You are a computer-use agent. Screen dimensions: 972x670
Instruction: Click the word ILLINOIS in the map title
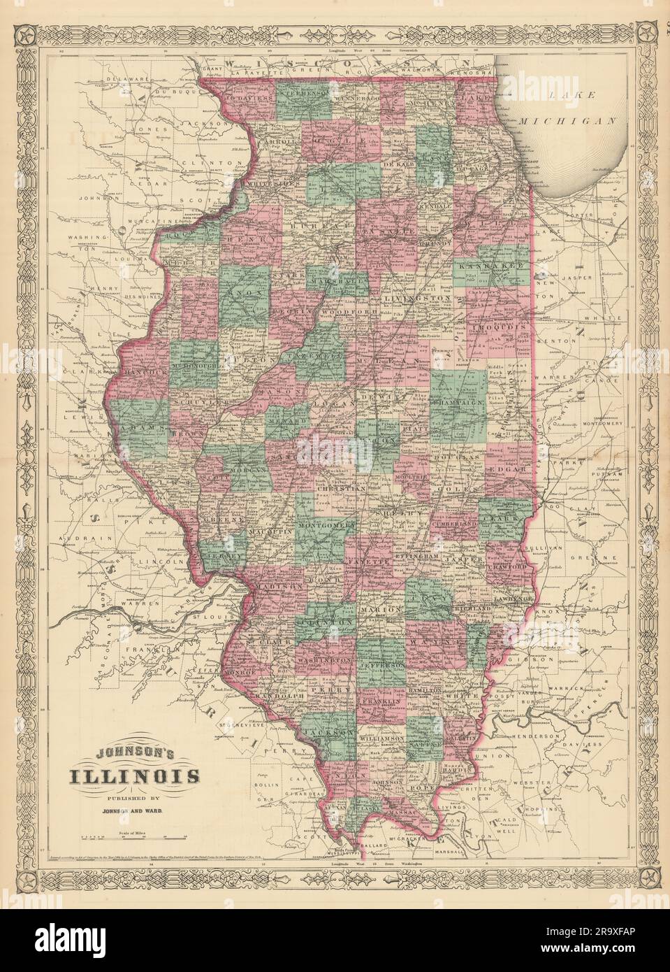133,776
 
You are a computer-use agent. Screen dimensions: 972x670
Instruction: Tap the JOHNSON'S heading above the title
133,752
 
